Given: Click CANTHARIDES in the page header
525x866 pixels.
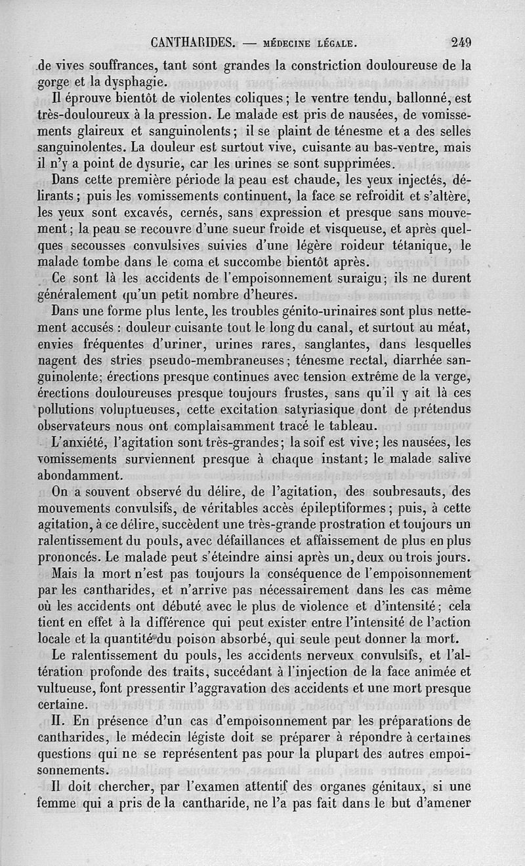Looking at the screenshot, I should click(x=193, y=44).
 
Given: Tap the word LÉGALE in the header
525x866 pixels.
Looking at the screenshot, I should click(x=327, y=45).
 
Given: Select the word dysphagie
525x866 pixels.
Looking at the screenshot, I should click(x=134, y=83).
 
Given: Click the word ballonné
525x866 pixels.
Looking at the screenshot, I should click(x=413, y=100).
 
